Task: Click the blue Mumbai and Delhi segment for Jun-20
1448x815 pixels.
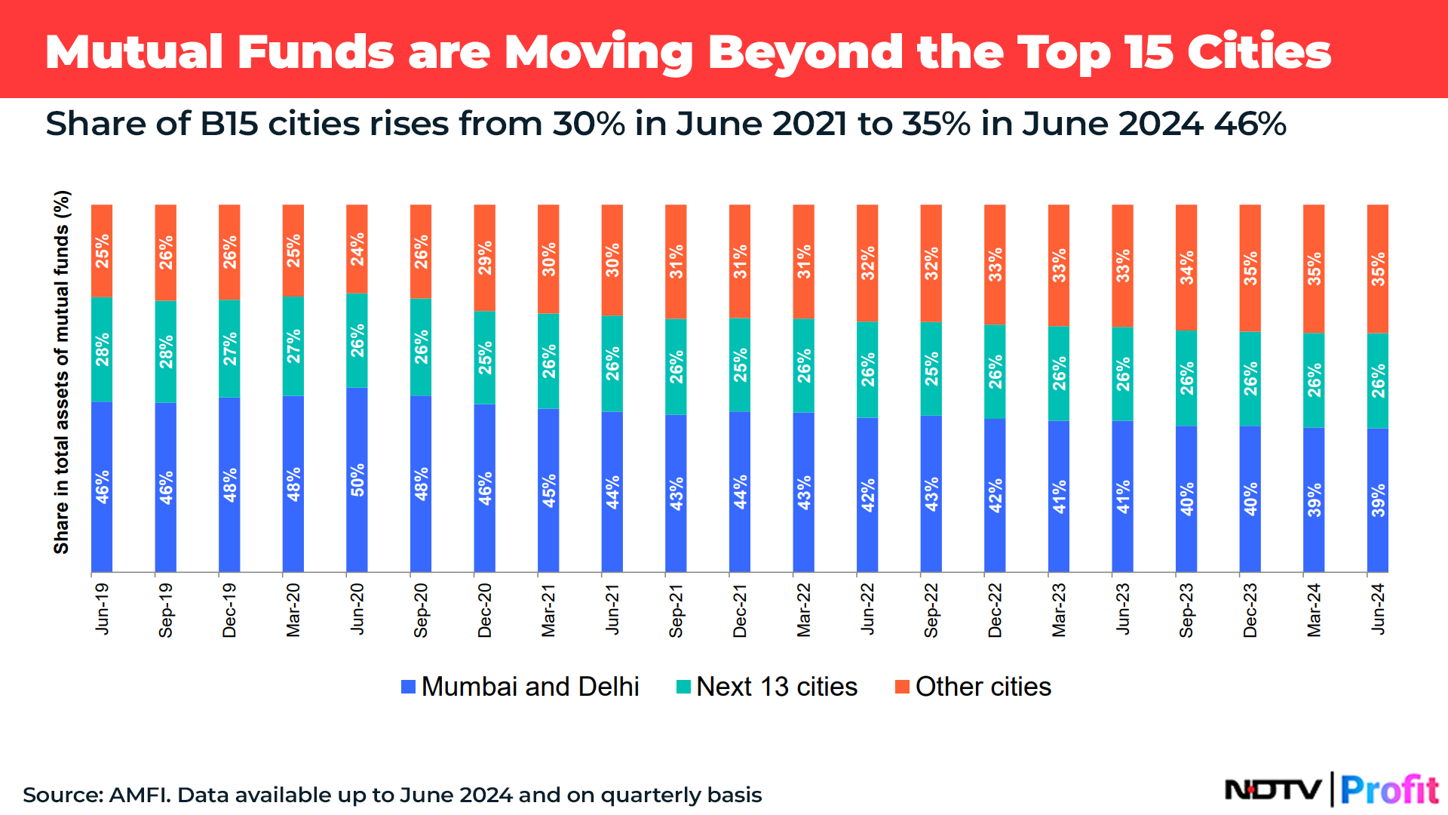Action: click(x=357, y=479)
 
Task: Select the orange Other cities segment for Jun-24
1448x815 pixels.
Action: click(x=1378, y=269)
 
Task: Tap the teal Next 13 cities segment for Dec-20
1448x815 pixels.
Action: click(x=485, y=358)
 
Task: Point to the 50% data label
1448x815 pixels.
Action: click(x=357, y=480)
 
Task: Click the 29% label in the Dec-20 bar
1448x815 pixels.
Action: click(x=485, y=258)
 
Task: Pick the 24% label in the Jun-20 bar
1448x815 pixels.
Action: click(x=357, y=249)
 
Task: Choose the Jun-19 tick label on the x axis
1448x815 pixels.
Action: click(x=102, y=608)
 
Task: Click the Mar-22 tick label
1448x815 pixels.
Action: click(x=804, y=610)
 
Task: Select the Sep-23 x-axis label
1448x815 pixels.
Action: click(x=1186, y=610)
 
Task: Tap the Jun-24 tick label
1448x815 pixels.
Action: click(x=1378, y=608)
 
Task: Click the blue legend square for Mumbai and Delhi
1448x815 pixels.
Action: click(x=409, y=687)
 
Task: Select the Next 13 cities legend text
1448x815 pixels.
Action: click(x=777, y=687)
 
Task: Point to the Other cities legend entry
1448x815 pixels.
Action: click(x=974, y=687)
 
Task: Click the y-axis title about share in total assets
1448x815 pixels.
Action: click(x=62, y=372)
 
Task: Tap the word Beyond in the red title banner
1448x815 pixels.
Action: click(x=805, y=53)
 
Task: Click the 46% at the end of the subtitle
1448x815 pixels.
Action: click(x=1250, y=124)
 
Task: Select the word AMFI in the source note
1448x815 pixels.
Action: click(x=139, y=795)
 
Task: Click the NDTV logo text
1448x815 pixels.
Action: click(x=1273, y=790)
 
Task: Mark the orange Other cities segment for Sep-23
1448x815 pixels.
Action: click(x=1186, y=267)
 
